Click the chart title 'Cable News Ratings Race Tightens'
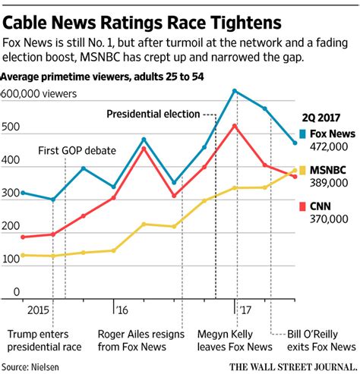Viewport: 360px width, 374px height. [x=137, y=16]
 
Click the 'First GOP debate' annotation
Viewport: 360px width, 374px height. [x=77, y=150]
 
